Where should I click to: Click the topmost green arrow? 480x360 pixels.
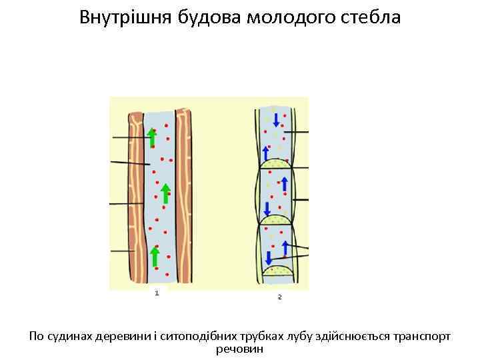(x=152, y=137)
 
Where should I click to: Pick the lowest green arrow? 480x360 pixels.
(x=155, y=256)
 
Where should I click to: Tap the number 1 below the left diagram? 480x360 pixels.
(x=156, y=293)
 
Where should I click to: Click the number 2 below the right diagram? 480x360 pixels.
(x=280, y=297)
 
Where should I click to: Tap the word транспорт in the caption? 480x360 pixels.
(x=422, y=337)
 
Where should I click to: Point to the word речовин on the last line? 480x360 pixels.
(x=240, y=349)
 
